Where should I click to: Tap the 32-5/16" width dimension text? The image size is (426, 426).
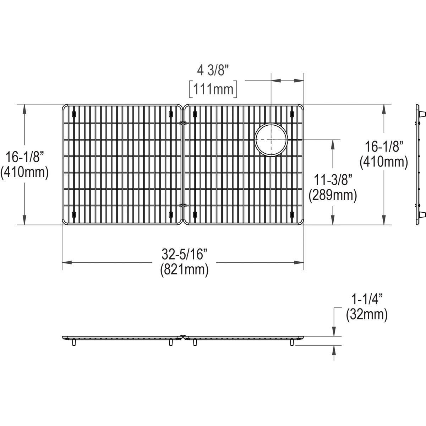[x=185, y=254]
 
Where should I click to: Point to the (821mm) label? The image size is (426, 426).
[x=185, y=270]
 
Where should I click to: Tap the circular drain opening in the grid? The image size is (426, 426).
[x=271, y=139]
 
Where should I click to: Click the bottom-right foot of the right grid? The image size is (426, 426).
[x=292, y=214]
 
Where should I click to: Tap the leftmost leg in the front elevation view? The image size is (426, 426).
[x=74, y=342]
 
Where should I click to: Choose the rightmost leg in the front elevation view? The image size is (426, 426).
[x=292, y=342]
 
